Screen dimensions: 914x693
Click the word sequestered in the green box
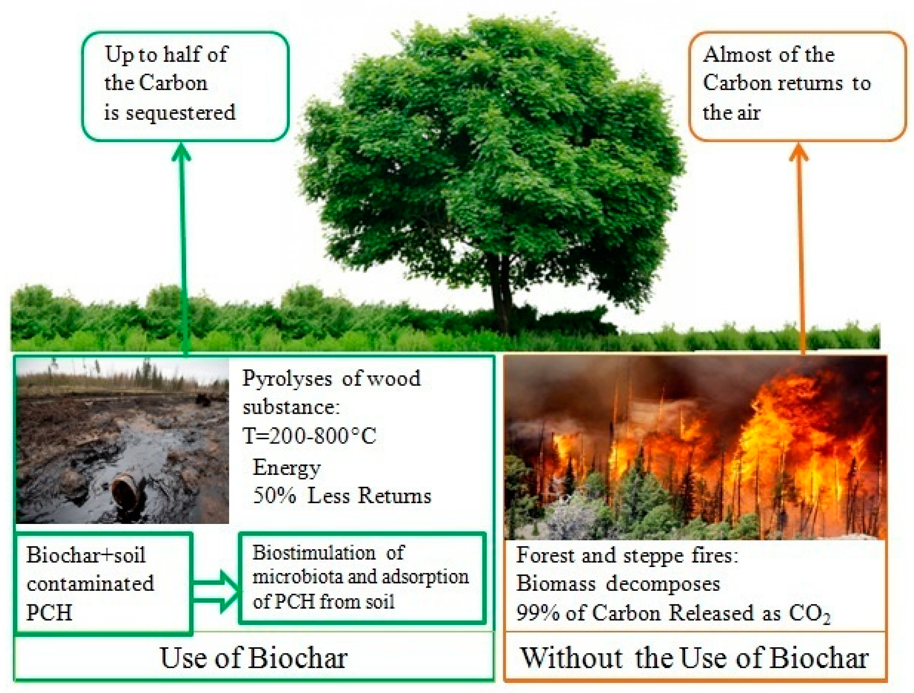coord(181,113)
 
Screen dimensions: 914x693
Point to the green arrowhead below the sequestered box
coord(181,151)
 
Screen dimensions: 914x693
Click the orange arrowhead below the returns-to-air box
coord(799,152)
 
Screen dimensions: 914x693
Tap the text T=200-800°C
coord(310,436)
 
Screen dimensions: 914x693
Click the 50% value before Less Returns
coord(275,495)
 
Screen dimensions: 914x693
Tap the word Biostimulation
coord(314,553)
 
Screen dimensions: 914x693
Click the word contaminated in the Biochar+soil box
coord(91,583)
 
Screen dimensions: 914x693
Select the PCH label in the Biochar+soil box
coord(49,612)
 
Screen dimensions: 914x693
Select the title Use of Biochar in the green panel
coord(254,658)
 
